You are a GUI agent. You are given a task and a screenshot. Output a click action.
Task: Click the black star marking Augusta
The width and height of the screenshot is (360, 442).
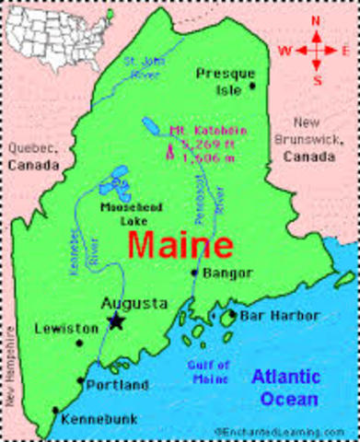click(x=116, y=320)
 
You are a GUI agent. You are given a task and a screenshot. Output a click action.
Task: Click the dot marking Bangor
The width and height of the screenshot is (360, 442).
click(x=193, y=273)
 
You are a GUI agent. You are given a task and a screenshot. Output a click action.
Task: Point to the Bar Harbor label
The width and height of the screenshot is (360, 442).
click(x=273, y=316)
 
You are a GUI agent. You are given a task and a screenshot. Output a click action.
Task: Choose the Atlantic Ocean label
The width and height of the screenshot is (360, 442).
click(x=286, y=386)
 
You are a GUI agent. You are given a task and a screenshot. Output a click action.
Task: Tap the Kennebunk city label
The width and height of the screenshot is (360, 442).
click(x=99, y=419)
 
